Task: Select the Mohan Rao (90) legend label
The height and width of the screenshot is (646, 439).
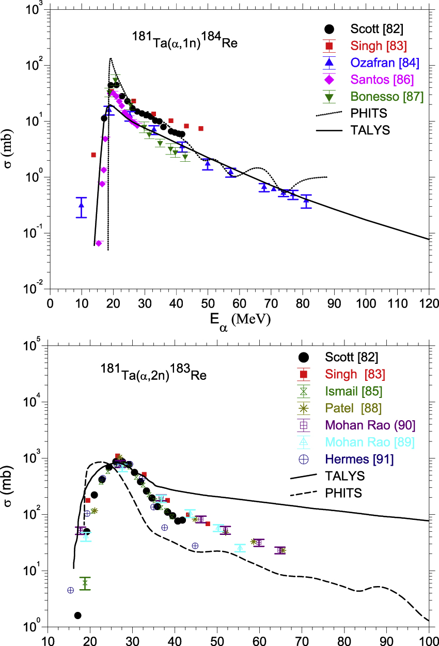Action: [x=370, y=425]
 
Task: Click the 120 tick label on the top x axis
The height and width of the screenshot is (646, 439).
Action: [x=429, y=301]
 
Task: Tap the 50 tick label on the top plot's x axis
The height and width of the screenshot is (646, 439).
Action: [x=208, y=301]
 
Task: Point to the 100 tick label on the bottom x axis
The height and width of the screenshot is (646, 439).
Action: [x=429, y=639]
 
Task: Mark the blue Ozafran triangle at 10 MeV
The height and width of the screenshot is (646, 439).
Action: [x=81, y=206]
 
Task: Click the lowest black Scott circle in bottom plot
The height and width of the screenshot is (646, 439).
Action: [x=77, y=615]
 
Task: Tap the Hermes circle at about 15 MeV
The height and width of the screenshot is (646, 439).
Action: [x=71, y=590]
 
